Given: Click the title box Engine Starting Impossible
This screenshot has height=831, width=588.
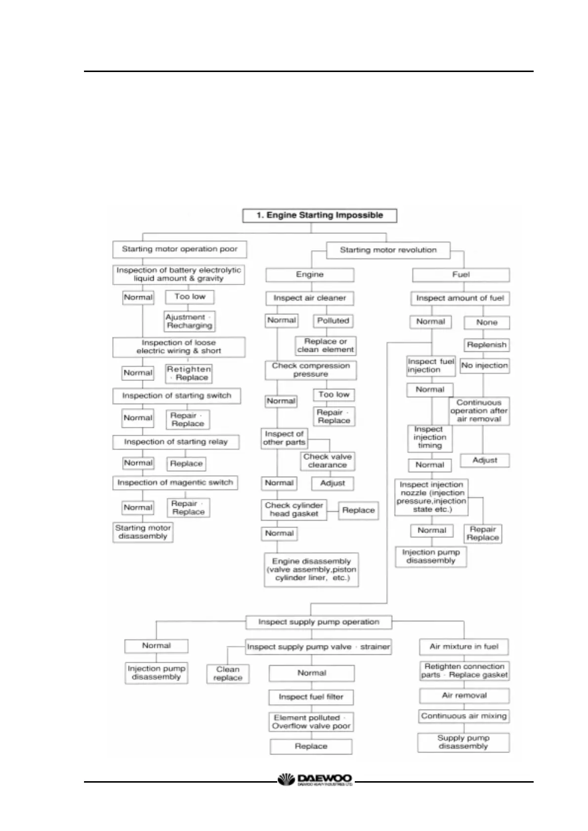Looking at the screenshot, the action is click(x=320, y=216).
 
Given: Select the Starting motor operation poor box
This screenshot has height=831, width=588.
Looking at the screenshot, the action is click(x=180, y=249).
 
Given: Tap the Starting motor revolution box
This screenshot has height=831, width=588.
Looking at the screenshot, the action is click(x=388, y=250).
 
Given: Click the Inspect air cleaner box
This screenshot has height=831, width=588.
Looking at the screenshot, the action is click(x=310, y=298).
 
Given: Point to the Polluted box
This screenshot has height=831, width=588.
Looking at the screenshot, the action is click(x=333, y=321).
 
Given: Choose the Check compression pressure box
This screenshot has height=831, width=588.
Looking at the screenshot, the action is click(x=311, y=370).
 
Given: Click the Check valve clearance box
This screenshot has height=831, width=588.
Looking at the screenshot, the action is click(x=328, y=461).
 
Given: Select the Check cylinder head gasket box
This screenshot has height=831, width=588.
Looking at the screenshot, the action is click(x=294, y=510).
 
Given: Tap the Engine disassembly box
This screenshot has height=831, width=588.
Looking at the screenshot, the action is click(x=311, y=569).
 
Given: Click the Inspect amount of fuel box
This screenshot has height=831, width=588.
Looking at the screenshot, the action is click(x=460, y=298).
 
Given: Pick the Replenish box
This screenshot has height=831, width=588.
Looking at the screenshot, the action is click(x=487, y=345).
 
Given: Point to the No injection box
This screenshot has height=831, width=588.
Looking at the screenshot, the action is click(x=484, y=366).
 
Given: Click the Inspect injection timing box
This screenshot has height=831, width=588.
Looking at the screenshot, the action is click(x=429, y=438).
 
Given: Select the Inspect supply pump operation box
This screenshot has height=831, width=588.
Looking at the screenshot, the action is click(x=319, y=622).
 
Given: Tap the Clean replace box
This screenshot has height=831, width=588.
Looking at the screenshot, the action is click(x=228, y=674).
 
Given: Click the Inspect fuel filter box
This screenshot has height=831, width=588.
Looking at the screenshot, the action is click(x=311, y=697).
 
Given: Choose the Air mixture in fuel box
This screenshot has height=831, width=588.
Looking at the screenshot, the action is click(x=464, y=646).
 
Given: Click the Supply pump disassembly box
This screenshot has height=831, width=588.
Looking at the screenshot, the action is click(x=463, y=742).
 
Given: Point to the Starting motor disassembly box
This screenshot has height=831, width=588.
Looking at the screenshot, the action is click(x=143, y=532).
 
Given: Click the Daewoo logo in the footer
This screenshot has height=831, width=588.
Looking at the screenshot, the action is click(x=316, y=780).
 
